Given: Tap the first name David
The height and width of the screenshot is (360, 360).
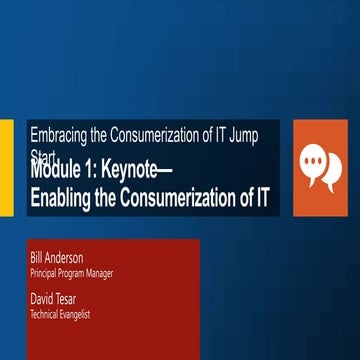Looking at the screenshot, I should (x=43, y=298).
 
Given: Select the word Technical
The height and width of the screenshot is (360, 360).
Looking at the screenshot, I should (x=47, y=313).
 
